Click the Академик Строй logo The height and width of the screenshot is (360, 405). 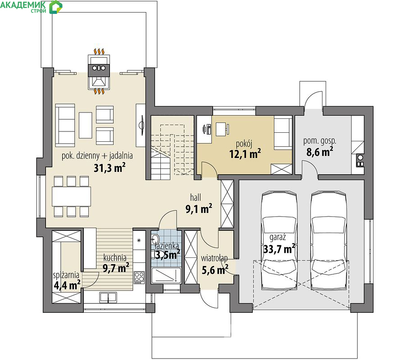[x=31, y=7]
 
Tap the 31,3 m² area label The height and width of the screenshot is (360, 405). [x=109, y=168]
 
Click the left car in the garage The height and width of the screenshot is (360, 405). [x=279, y=241]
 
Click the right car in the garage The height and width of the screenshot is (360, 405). [x=328, y=241]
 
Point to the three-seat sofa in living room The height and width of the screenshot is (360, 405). [x=65, y=126]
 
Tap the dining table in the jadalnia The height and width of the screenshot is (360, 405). [x=71, y=196]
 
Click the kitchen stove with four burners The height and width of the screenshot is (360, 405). [x=139, y=278]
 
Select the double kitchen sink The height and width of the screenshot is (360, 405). [x=108, y=297]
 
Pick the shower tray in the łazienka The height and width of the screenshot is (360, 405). [x=166, y=275]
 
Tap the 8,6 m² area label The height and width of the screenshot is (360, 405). [x=319, y=152]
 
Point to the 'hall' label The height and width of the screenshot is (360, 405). [x=196, y=198]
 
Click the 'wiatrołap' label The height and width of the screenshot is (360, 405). [x=214, y=258]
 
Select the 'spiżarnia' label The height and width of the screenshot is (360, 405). [x=66, y=275]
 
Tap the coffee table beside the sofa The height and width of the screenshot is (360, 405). [x=86, y=125]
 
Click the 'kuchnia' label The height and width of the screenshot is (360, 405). [x=115, y=257]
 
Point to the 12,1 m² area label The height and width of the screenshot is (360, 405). [x=245, y=154]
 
